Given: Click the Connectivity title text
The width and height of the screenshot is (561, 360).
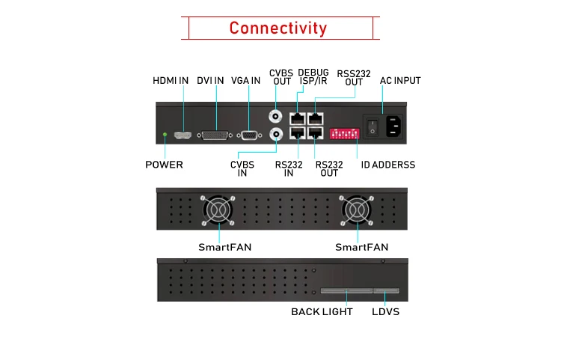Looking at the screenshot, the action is point(278,28).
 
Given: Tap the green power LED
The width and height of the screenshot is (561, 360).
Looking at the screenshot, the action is point(165,135).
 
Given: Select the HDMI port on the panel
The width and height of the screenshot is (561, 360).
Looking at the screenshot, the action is point(183,135).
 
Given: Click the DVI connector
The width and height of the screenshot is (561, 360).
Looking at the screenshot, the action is point(215,135).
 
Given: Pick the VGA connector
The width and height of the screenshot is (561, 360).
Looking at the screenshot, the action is point(249,135).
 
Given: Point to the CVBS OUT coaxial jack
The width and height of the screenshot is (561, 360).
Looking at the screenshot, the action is point(275,116).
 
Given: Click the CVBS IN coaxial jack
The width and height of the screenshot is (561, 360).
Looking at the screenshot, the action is point(276,135).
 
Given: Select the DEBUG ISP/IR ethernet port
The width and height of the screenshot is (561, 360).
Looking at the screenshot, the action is point(297,118).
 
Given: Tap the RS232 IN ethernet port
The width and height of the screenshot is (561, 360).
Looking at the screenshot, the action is point(298,133).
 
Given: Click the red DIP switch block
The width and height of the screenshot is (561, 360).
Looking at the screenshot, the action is point(344,133).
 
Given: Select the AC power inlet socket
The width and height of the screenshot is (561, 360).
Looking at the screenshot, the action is point(394,126).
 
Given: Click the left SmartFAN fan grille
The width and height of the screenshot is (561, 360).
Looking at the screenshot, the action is point(218,210).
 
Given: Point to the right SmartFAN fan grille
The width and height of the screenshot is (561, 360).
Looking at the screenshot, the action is point(356,210).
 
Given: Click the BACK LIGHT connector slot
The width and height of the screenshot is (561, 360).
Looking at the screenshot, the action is point(346,290).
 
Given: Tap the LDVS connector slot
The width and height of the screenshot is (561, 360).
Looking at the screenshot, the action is point(387,290).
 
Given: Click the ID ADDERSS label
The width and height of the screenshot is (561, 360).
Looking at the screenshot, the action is point(388,165).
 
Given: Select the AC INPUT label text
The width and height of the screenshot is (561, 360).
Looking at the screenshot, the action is point(400,81).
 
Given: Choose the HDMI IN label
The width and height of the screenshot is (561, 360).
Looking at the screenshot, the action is point(171,81).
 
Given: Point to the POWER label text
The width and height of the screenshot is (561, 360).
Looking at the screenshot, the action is point(164,165).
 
